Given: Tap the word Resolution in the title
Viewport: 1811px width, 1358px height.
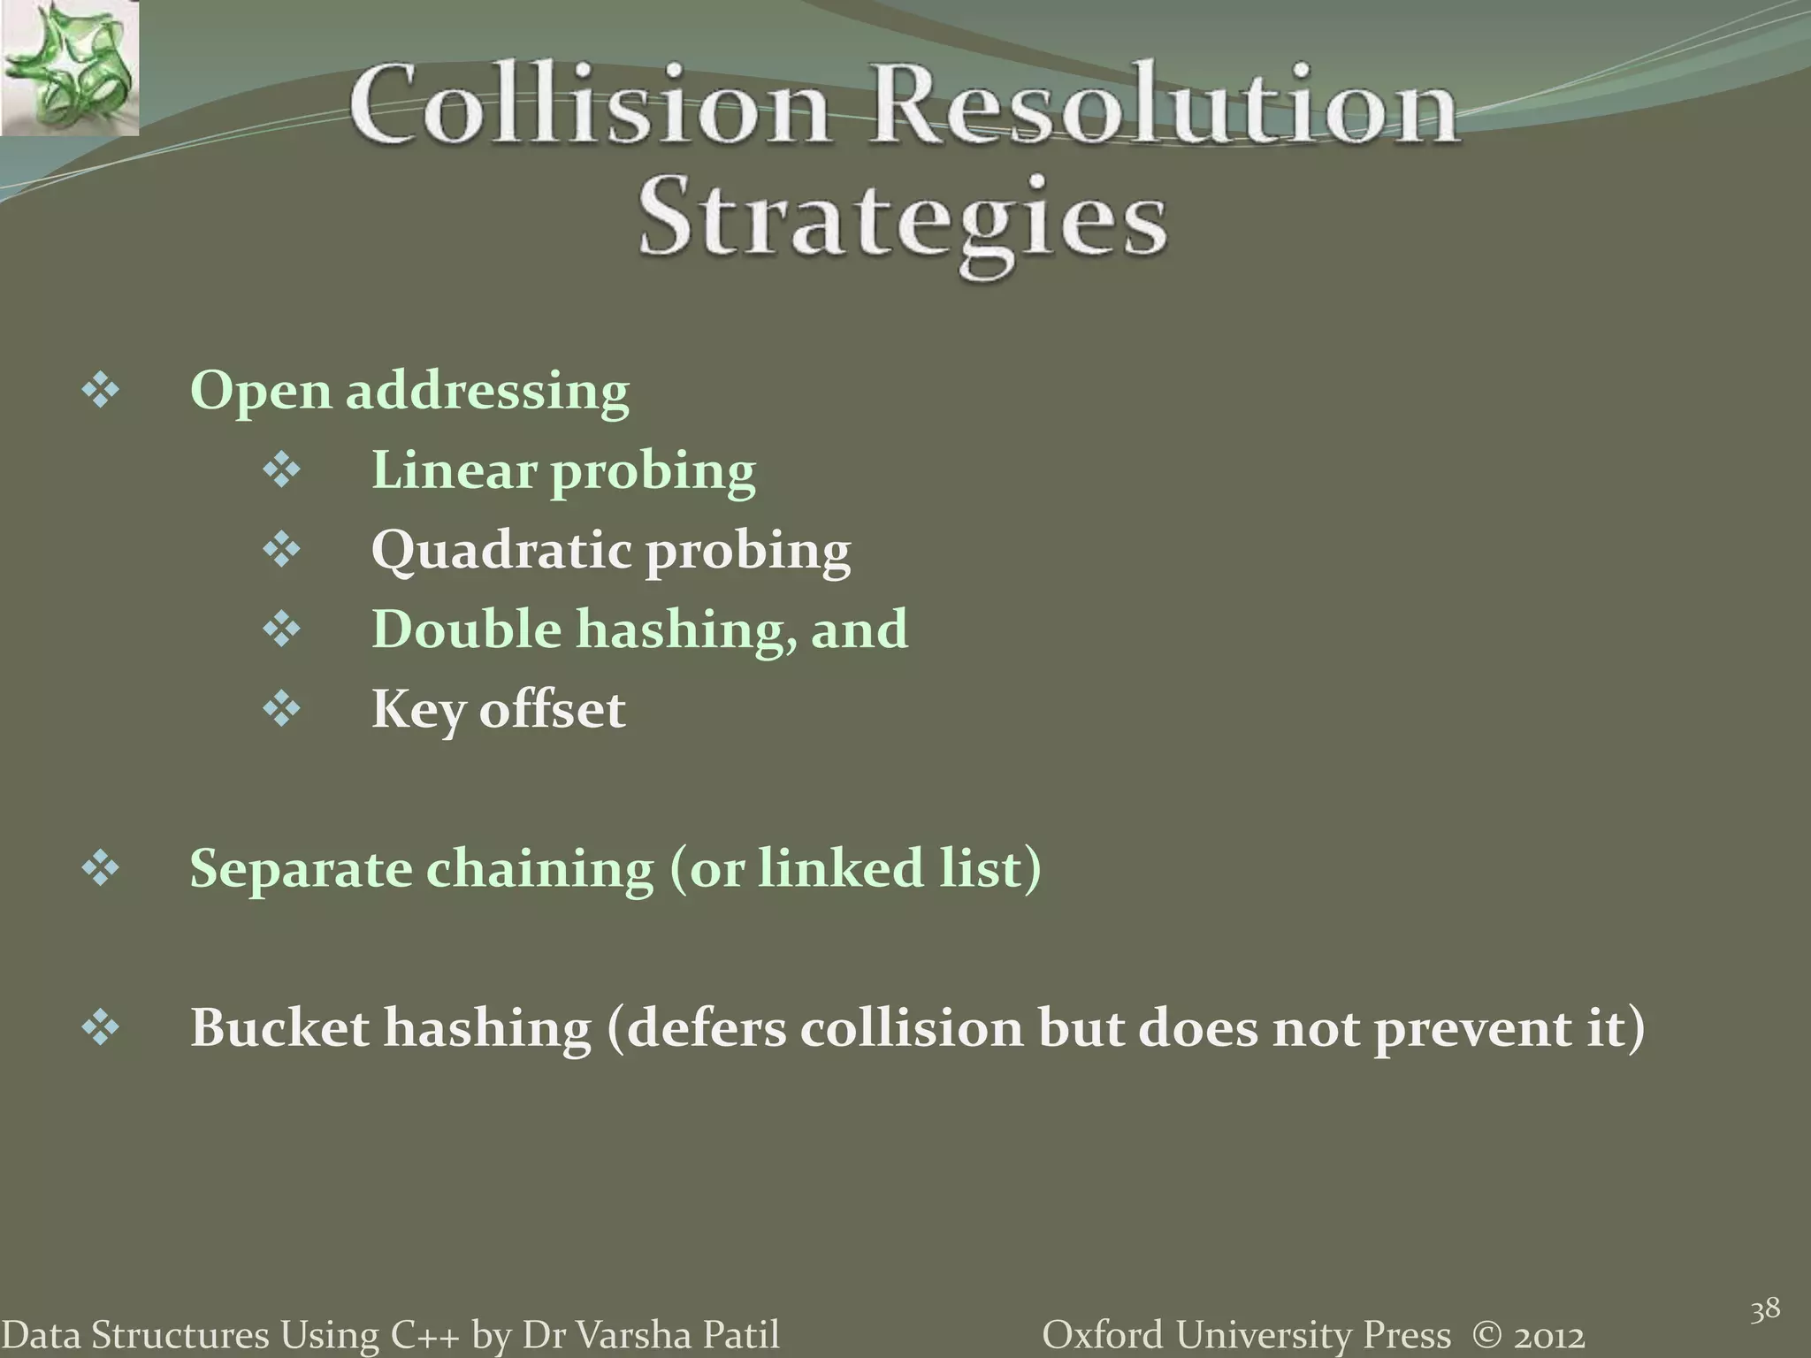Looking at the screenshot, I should (1165, 107).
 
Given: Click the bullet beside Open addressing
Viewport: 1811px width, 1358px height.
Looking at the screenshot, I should (100, 391).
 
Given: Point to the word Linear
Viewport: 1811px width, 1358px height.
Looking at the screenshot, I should (454, 469).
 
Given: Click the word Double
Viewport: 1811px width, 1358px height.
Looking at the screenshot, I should (467, 629).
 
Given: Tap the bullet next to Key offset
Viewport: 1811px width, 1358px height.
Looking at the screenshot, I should (282, 709).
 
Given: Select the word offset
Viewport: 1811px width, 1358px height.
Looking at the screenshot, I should (552, 709).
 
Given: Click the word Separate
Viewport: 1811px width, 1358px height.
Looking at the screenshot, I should (301, 868).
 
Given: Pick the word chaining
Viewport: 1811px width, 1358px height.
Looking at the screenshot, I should (539, 868).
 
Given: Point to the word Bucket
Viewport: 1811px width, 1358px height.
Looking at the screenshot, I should (279, 1027).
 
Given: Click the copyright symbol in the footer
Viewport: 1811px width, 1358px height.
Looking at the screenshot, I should (1489, 1334).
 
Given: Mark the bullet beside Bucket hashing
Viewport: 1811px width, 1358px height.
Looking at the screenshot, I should (100, 1027).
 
